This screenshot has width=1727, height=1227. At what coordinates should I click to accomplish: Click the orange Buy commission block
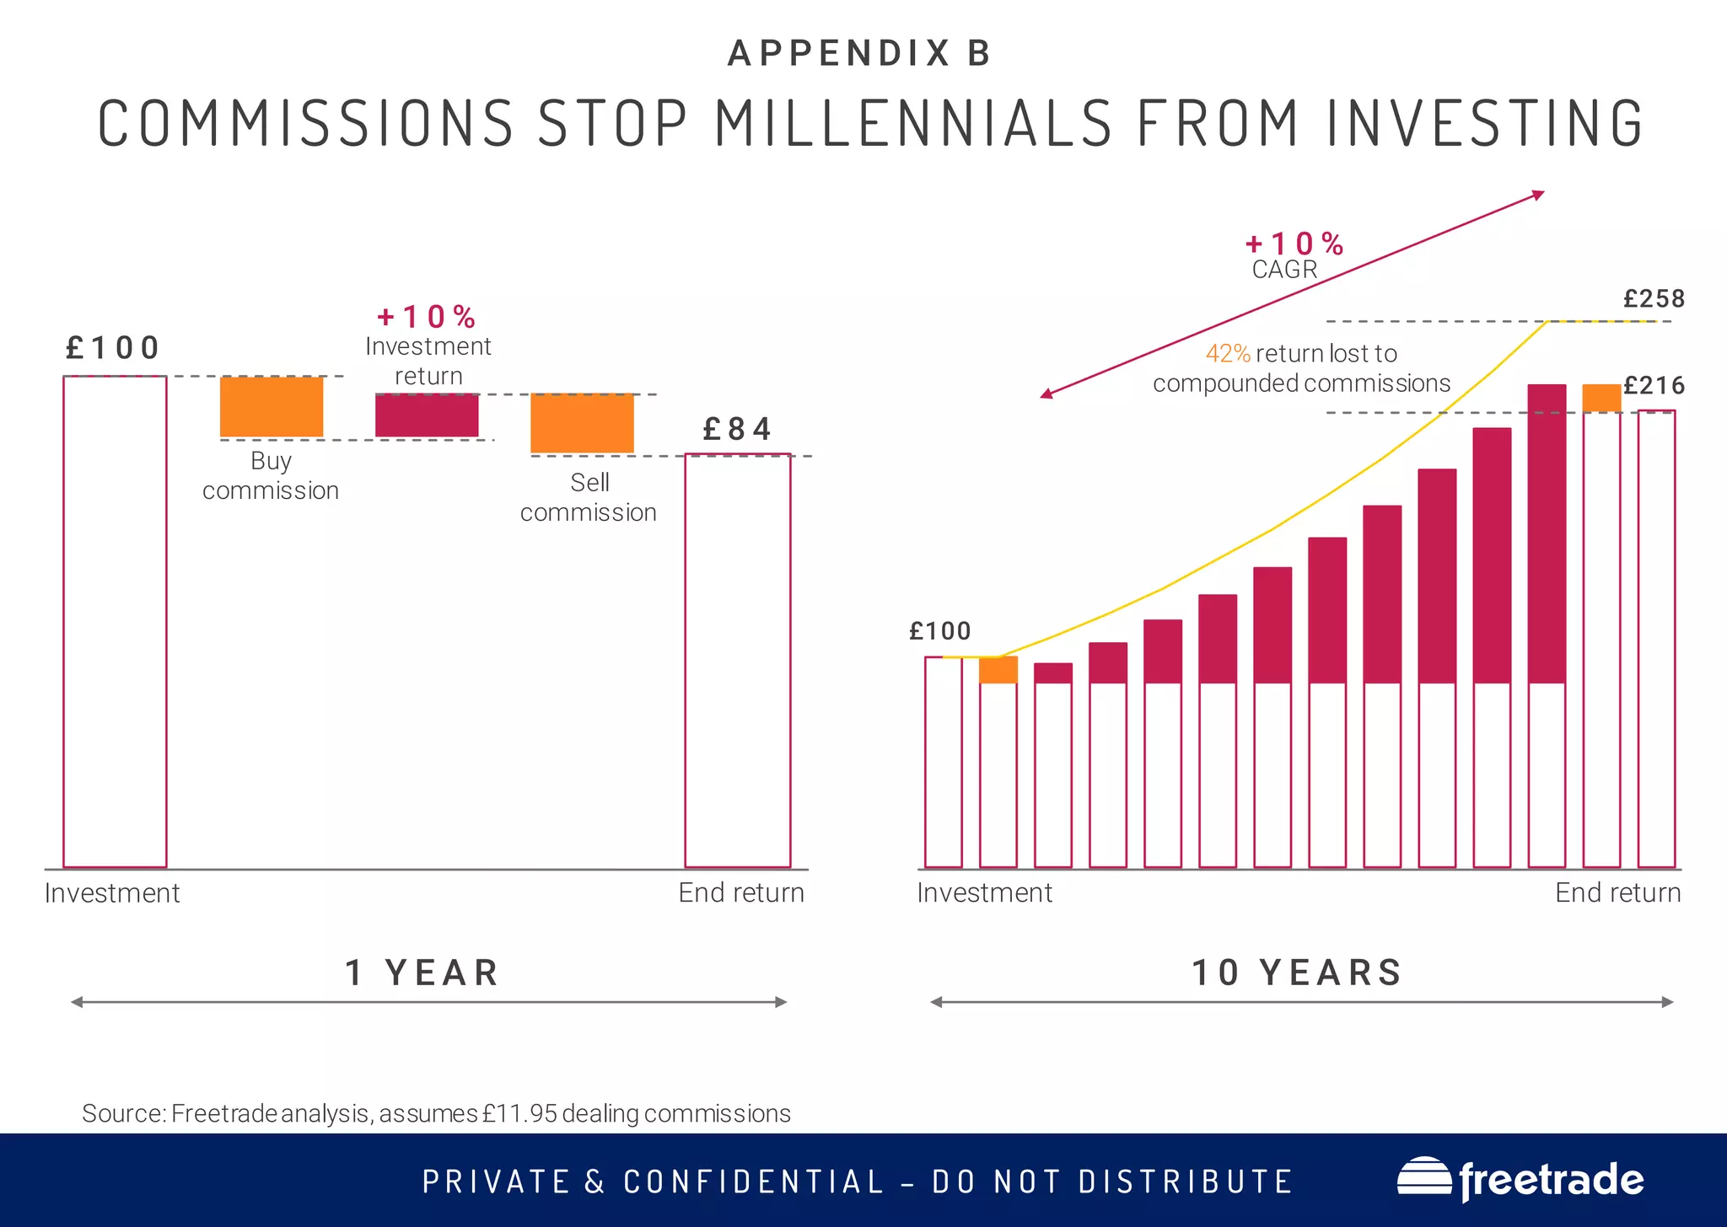(272, 406)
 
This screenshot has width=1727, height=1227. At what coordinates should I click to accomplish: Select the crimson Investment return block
(427, 415)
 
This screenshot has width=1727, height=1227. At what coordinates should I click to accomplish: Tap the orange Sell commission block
(582, 423)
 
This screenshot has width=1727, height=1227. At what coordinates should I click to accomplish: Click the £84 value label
(737, 430)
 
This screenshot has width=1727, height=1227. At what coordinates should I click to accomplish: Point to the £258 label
(1654, 299)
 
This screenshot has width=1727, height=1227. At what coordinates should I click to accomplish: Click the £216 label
(1654, 386)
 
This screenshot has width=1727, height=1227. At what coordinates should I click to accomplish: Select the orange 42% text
(1228, 354)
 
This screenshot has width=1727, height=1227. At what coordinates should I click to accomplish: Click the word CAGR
(1284, 270)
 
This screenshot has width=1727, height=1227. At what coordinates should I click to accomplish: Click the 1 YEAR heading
(423, 972)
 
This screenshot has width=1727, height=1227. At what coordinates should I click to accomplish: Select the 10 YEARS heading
(1297, 972)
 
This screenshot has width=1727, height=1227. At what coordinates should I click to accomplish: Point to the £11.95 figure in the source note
(519, 1113)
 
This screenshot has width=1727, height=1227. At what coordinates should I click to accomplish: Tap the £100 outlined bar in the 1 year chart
(115, 622)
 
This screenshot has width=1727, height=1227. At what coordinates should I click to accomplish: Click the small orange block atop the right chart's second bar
(998, 670)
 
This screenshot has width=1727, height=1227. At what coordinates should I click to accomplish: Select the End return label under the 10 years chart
(1617, 892)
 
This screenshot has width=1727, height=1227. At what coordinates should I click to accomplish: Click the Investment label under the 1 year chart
(112, 892)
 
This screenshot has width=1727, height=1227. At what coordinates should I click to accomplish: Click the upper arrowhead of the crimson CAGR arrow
(1539, 195)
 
